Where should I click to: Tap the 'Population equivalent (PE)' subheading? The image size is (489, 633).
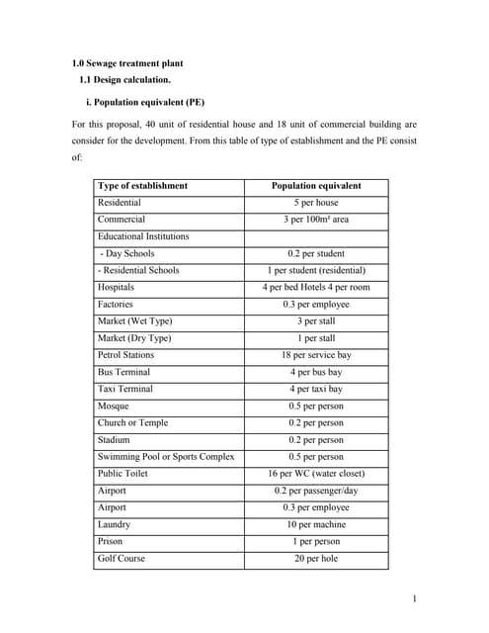coord(151,102)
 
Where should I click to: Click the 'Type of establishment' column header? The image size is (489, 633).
coord(142,186)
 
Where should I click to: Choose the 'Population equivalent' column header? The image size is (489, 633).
coord(316,186)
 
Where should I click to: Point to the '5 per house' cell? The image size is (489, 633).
coord(316,203)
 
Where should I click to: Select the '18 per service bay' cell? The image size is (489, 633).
coord(316,355)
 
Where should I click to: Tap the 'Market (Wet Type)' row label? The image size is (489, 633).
coord(134,321)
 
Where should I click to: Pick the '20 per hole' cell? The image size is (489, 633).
coord(316,559)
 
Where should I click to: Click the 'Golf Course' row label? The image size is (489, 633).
coord(122,559)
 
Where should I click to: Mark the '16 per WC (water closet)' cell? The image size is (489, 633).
coord(316,474)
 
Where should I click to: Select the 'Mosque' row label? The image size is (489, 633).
coord(114,407)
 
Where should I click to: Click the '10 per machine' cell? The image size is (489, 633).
coord(316,525)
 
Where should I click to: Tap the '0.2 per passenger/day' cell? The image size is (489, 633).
coord(316,491)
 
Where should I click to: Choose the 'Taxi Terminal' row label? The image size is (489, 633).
coord(125,390)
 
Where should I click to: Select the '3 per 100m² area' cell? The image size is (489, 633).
coord(316,220)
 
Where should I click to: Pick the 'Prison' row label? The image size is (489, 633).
coord(111,542)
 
